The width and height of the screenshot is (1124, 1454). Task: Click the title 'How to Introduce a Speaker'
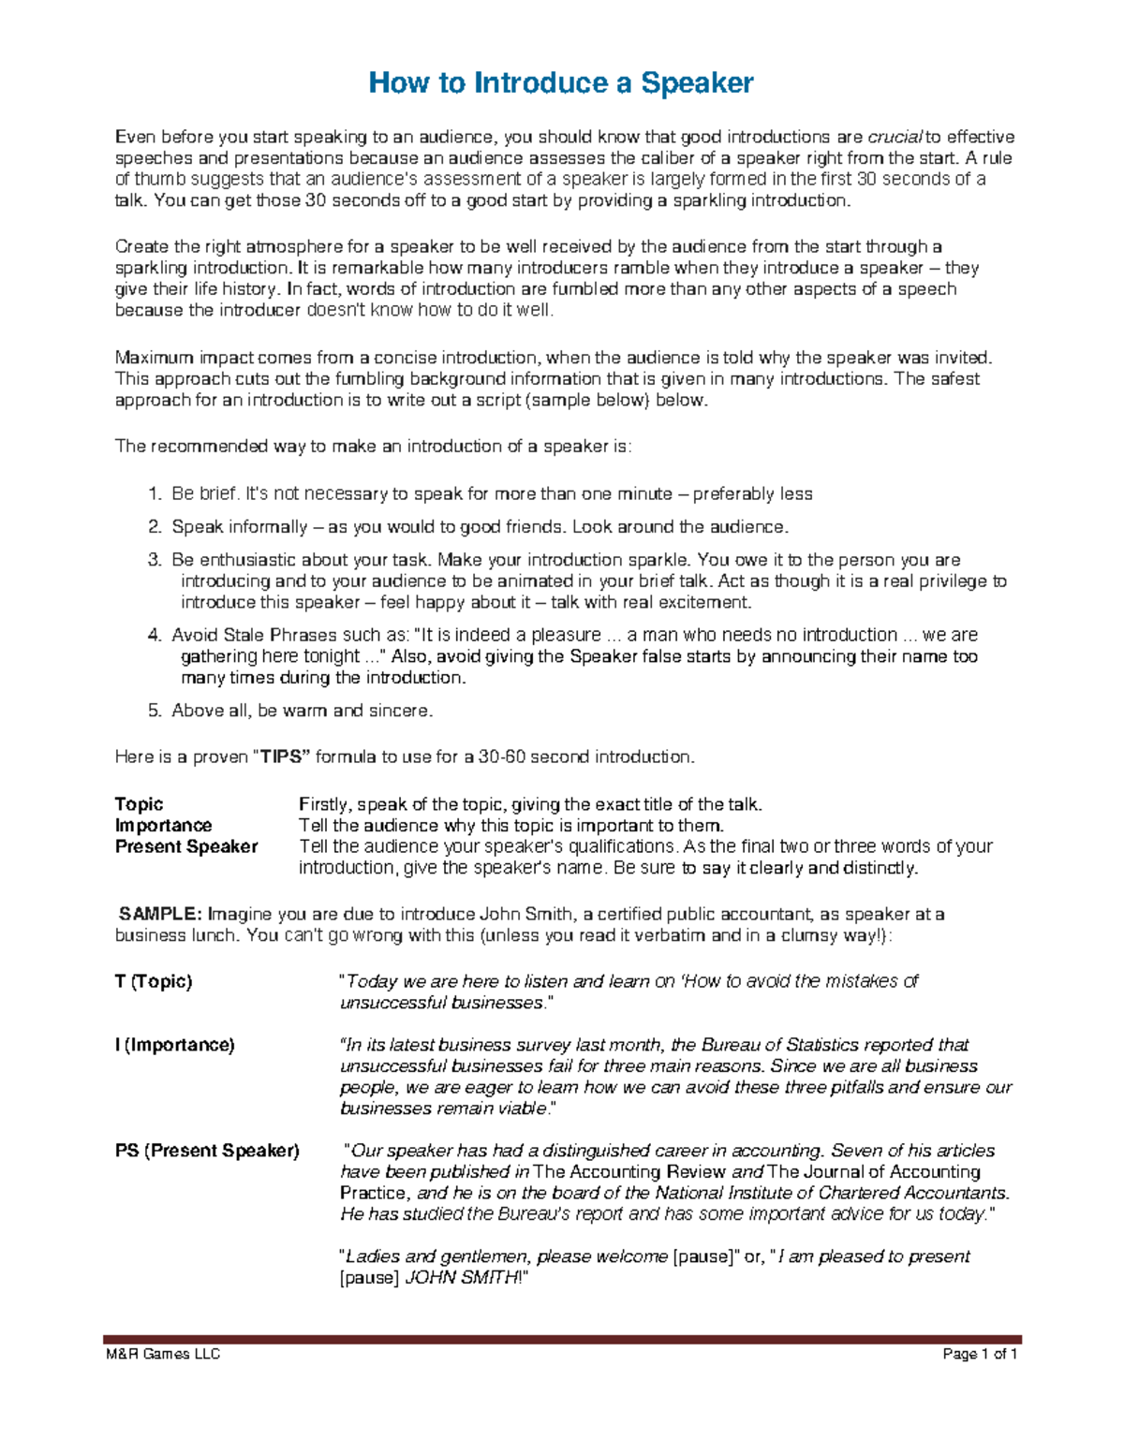coord(561,83)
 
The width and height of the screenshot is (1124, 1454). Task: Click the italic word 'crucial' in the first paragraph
coord(896,138)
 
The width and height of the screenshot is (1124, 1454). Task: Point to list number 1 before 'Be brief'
coord(154,494)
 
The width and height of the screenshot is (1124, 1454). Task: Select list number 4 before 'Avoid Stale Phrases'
coord(154,635)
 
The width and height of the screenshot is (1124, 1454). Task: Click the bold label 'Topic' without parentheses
coord(139,804)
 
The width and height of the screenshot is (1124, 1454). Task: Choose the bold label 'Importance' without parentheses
coord(163,826)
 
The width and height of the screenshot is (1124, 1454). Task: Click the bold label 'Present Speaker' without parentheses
coord(185,846)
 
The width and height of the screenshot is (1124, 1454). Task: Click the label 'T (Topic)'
coord(154,981)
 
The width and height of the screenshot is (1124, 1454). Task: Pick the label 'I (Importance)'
coord(174,1045)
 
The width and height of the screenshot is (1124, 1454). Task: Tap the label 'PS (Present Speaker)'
coord(207,1151)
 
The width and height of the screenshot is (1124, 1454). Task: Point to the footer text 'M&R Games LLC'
coord(162,1355)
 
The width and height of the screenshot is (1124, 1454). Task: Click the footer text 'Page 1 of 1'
coord(981,1355)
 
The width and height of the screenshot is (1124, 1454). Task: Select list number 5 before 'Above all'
coord(154,711)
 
